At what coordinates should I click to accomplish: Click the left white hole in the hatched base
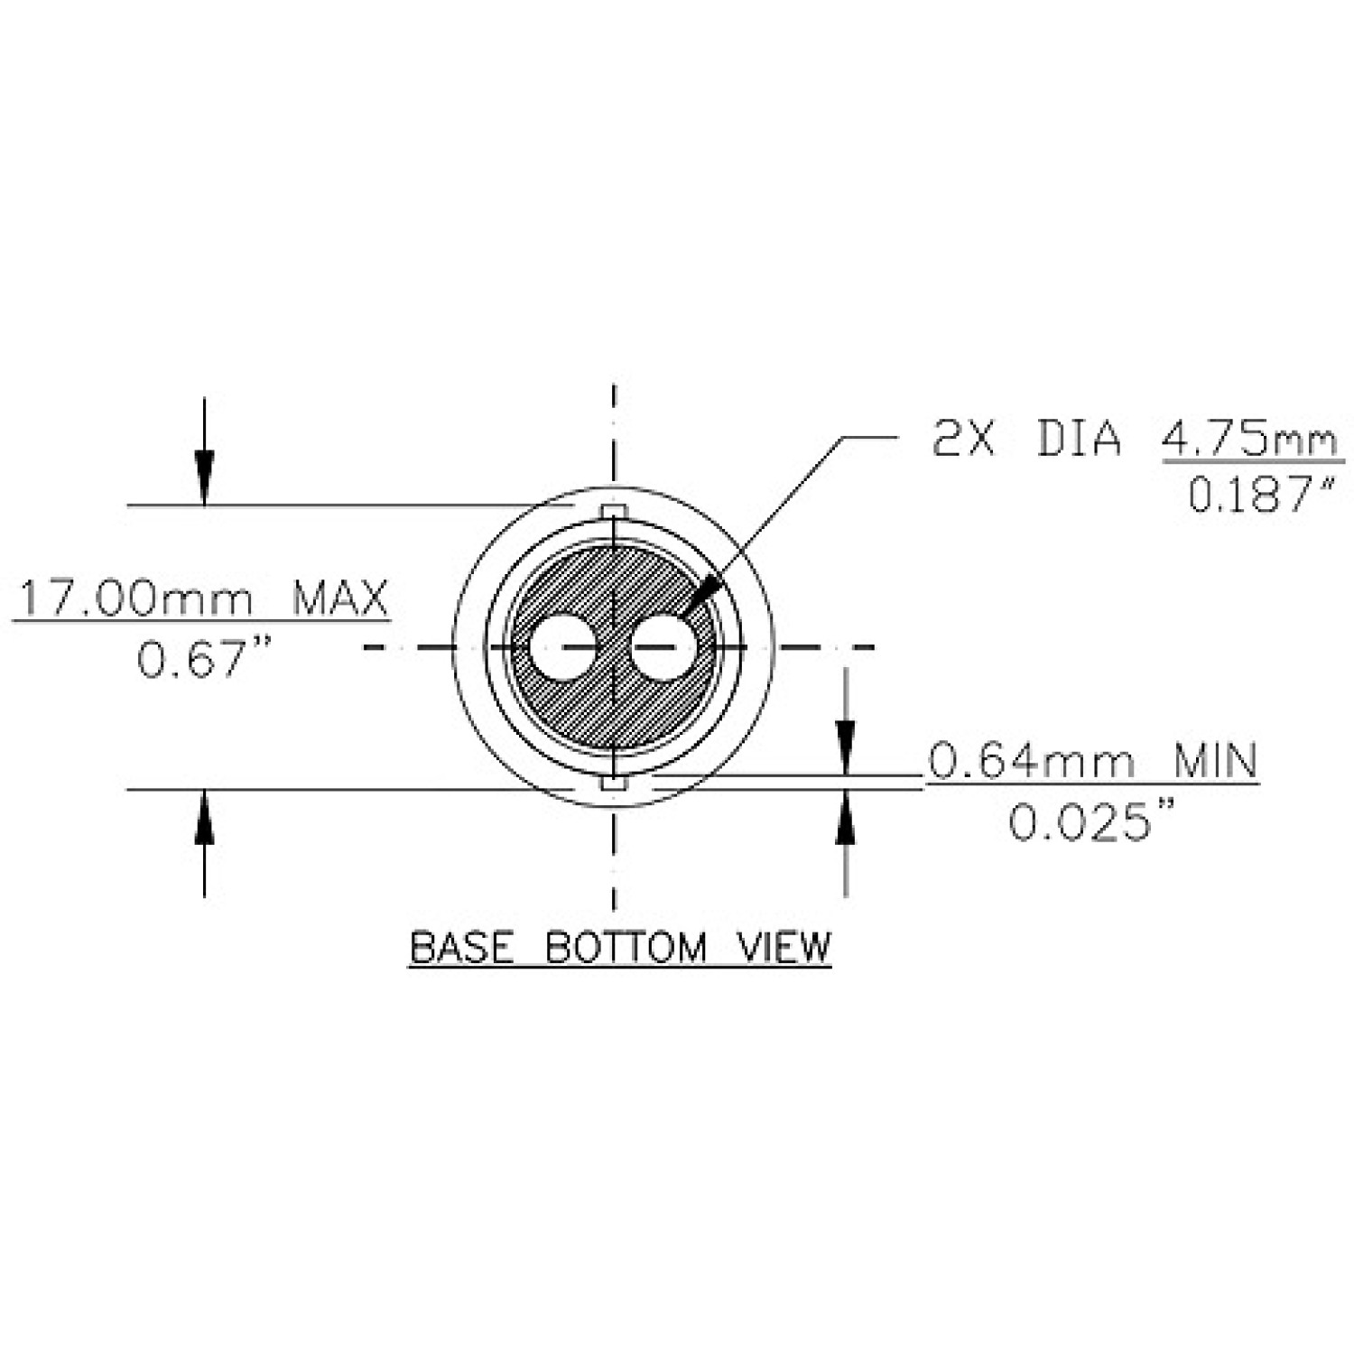pos(561,646)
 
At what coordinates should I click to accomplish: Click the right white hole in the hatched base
pos(663,646)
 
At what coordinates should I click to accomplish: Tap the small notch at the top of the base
pos(613,512)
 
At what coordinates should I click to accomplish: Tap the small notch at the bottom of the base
pos(613,783)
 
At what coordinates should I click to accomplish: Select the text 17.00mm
pos(135,598)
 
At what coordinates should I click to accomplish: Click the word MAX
pos(339,598)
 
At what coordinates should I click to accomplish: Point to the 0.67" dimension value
pos(203,658)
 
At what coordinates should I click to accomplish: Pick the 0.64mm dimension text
pos(1030,761)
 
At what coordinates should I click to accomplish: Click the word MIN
pos(1214,761)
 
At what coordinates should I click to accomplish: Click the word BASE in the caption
pos(461,947)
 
